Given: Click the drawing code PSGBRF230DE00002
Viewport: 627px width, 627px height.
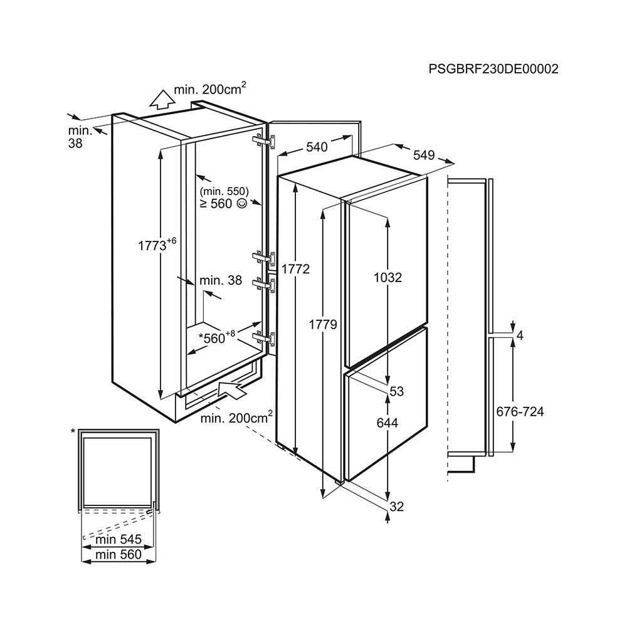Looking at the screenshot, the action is (493, 69).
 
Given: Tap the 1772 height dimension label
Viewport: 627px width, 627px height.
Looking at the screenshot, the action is (295, 269).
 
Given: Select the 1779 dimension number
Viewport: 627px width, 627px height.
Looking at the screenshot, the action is (323, 324).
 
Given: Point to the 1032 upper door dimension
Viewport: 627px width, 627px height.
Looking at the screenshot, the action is (387, 277).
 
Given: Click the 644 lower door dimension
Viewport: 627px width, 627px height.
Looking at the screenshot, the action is (387, 423).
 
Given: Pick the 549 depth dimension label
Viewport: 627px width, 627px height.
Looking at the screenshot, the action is (424, 155).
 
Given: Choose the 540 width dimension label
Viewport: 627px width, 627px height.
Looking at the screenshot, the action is (317, 147).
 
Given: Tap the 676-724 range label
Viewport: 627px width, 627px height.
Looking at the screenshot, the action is (520, 411).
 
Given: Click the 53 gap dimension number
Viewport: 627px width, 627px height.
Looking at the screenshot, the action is (396, 391).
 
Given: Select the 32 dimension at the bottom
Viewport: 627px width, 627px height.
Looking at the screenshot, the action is (396, 507).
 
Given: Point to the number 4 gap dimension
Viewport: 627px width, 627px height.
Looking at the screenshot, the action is (519, 335).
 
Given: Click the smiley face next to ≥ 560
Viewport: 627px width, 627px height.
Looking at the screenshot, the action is (242, 204).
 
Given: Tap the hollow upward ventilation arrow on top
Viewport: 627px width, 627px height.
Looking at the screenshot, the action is (162, 100).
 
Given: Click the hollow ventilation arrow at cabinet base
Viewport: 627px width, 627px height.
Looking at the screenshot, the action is (233, 389).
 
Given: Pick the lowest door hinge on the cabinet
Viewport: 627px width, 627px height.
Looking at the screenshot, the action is (264, 338).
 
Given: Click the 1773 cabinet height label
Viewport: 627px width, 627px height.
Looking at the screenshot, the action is (157, 244).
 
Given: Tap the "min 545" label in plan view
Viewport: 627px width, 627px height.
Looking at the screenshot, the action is (119, 539).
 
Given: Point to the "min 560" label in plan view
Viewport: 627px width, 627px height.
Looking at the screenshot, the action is (119, 555).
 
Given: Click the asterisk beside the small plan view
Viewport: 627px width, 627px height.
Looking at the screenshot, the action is (73, 431).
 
